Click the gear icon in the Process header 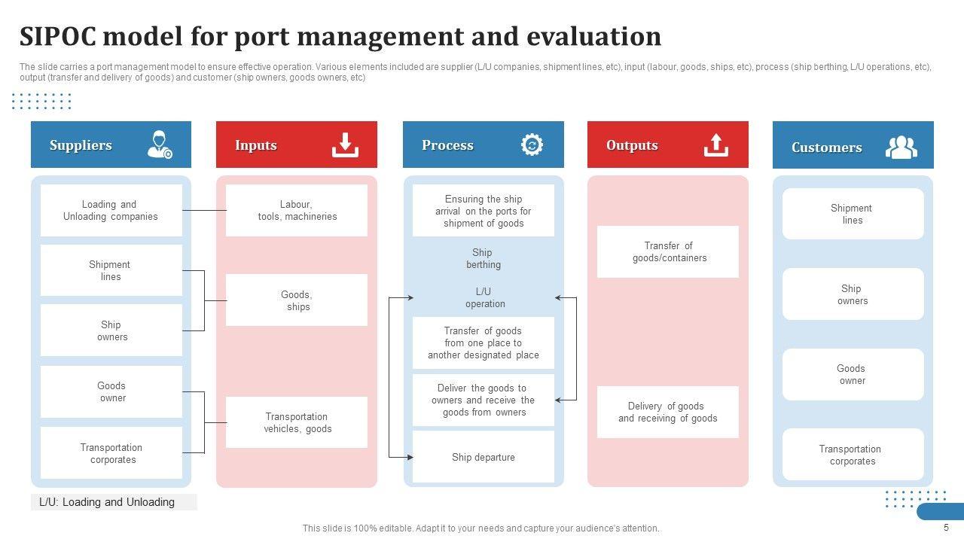532,145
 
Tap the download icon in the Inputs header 345,145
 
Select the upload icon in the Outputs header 716,145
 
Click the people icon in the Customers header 901,147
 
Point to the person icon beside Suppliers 160,145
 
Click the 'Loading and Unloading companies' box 111,211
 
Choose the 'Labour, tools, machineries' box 297,211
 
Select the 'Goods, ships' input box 297,300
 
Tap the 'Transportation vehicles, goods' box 297,422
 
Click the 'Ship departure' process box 484,457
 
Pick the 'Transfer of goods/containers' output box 668,252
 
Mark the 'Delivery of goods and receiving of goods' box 668,412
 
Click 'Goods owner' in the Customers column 853,374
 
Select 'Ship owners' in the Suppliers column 111,330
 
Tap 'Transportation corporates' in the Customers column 853,455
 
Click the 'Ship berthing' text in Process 483,259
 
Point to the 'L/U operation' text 484,298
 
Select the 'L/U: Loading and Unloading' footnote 107,502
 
